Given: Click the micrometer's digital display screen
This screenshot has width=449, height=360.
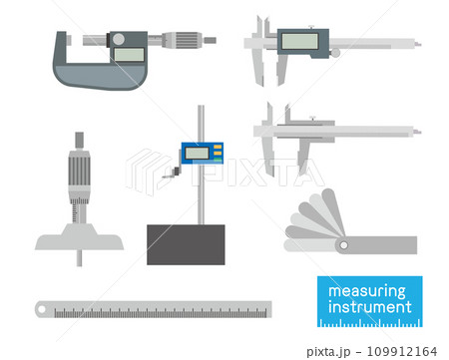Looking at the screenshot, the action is (x=129, y=55).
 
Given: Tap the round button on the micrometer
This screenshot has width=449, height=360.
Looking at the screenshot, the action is (x=119, y=39).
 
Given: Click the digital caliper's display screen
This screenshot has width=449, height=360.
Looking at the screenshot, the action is (x=299, y=41).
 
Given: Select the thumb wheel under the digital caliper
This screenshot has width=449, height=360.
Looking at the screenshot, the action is (x=335, y=53).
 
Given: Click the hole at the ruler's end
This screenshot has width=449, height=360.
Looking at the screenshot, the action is (x=42, y=309).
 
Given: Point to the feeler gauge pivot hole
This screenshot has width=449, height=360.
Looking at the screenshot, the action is (x=344, y=245).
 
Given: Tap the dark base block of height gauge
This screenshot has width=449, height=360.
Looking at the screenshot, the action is (x=186, y=244).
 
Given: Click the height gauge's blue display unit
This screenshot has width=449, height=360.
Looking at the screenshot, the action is (x=203, y=154).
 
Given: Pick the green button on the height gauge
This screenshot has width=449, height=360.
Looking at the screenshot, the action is (x=218, y=160).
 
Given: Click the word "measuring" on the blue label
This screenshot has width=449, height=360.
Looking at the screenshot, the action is (x=367, y=291).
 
